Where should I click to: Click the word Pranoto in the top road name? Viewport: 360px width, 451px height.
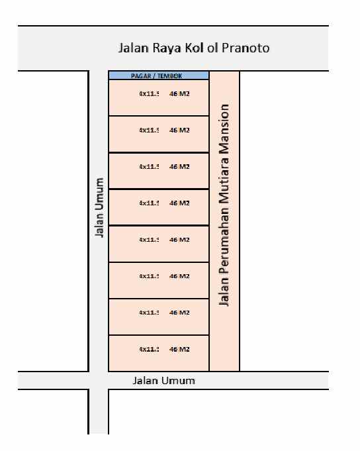tap(247, 48)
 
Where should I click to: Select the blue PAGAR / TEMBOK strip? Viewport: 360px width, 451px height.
tap(159, 76)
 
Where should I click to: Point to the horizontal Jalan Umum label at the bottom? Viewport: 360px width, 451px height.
tap(164, 381)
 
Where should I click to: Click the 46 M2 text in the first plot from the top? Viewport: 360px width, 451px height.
tap(179, 94)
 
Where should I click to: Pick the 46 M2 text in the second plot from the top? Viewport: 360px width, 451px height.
tap(179, 130)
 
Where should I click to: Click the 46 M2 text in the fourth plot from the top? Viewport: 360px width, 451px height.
tap(179, 203)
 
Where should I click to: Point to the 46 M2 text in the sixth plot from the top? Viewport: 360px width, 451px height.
tap(179, 276)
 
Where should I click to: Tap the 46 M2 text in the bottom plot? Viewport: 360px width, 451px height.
tap(179, 349)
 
